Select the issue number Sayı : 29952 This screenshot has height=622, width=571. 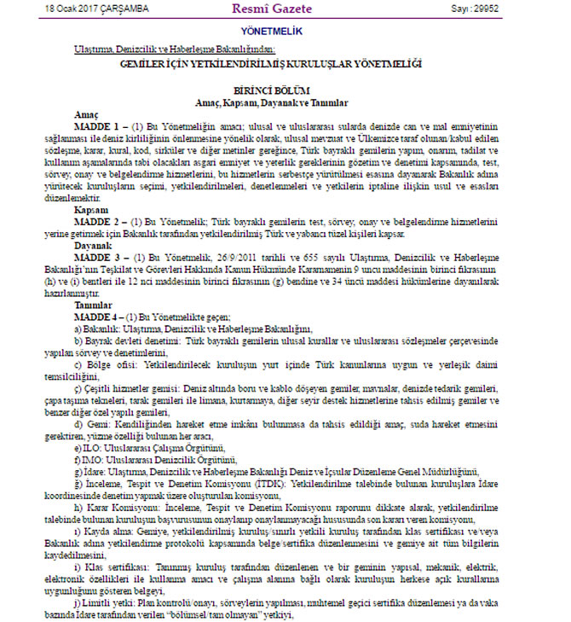(522, 9)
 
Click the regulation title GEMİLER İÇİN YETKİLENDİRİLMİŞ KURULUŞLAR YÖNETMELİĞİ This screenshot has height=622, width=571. (285, 63)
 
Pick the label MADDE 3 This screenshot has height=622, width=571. (95, 258)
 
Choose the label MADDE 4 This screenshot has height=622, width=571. (95, 317)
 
